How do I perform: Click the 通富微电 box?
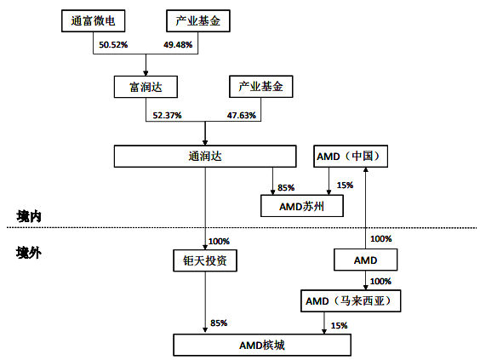point(94,20)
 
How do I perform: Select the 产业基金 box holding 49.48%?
point(198,20)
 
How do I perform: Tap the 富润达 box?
point(146,87)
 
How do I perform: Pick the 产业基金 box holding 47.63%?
point(261,87)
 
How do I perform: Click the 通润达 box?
point(205,156)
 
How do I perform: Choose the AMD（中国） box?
point(351,156)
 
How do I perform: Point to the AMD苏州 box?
point(302,206)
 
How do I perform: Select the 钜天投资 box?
point(205,260)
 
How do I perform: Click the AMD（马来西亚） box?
point(351,301)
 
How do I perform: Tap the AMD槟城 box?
point(262,345)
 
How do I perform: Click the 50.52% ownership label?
point(113,45)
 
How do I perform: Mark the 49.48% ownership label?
point(178,45)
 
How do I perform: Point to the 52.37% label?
point(167,116)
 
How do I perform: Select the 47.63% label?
point(241,116)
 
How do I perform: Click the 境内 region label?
point(29,216)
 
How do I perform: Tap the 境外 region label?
point(29,253)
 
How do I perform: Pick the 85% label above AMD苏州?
point(286,187)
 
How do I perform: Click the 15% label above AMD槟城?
point(340,325)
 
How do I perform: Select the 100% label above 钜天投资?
point(219,241)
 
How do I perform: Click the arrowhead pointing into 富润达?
point(146,73)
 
